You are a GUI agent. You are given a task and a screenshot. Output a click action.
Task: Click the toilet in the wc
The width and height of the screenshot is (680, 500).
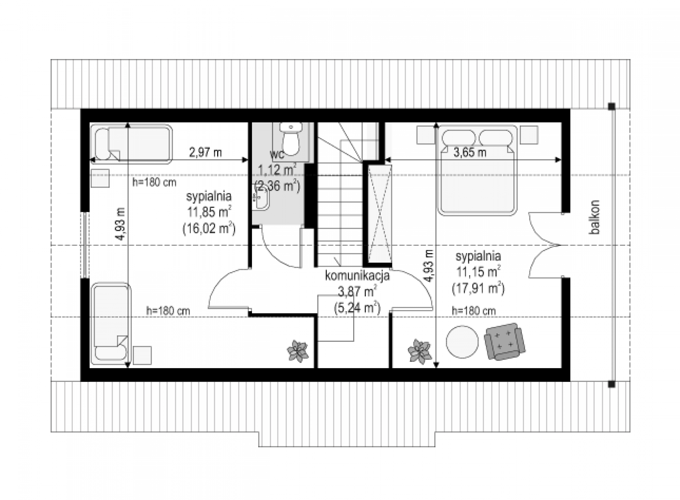(x=291, y=139)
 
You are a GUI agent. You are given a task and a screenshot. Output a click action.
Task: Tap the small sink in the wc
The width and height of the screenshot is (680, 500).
(x=261, y=198)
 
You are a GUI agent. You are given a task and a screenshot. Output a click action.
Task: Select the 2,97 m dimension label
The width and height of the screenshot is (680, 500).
(x=205, y=152)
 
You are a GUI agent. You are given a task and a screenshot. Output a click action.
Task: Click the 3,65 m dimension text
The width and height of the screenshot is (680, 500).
(x=470, y=152)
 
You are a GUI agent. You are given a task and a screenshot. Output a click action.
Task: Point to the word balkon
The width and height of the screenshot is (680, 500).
(x=594, y=217)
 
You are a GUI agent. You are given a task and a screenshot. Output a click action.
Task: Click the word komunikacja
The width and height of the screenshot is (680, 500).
(x=357, y=276)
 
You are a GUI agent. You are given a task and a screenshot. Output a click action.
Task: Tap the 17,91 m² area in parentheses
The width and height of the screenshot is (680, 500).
(x=478, y=289)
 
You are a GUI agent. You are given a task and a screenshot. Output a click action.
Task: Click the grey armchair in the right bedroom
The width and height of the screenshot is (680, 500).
(x=504, y=341)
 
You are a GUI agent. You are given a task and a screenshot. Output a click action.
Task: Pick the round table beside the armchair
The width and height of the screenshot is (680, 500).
(x=462, y=342)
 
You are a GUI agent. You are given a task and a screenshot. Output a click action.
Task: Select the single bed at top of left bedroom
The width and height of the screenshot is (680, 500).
(x=131, y=144)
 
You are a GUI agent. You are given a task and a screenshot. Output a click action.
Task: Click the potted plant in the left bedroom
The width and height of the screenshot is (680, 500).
(x=298, y=351)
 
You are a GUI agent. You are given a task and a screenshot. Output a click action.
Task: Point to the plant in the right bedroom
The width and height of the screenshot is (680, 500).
(x=420, y=351)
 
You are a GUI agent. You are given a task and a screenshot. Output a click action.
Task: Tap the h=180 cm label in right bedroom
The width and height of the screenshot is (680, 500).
(x=473, y=311)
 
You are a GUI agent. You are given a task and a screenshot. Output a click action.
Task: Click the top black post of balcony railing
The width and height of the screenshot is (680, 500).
(x=612, y=106)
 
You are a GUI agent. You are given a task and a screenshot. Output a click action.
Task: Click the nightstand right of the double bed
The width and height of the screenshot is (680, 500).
(x=529, y=135)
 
